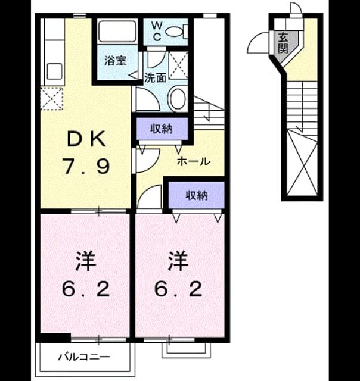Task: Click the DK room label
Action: [x=86, y=139]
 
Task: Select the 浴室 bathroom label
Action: [x=116, y=61]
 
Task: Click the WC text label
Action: [x=157, y=31]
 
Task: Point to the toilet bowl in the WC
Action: [x=175, y=31]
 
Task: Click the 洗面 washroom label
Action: [x=155, y=77]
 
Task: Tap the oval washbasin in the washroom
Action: [x=178, y=99]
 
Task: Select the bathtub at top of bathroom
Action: [x=117, y=32]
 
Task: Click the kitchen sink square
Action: [x=54, y=71]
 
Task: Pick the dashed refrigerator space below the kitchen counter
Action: [x=52, y=98]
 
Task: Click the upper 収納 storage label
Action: [x=161, y=129]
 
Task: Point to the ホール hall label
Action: [x=193, y=161]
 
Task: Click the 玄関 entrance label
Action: [x=283, y=43]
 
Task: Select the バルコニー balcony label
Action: [x=84, y=357]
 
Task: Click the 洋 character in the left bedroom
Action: [x=86, y=261]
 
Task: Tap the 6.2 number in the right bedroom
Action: [x=179, y=289]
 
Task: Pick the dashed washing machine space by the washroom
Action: [x=178, y=65]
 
